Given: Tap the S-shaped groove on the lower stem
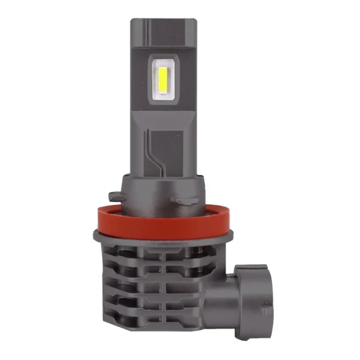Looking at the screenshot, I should coord(158,153).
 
